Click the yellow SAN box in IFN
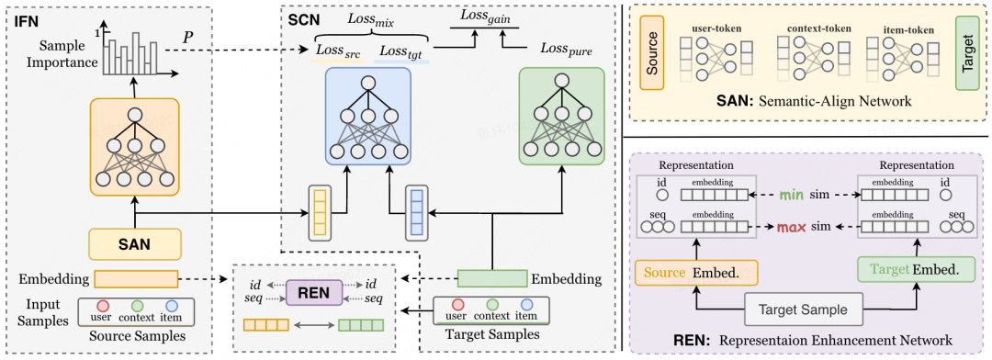(x=135, y=244)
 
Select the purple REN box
(x=314, y=292)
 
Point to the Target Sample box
(x=804, y=309)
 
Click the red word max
(x=790, y=227)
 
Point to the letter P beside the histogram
(x=188, y=38)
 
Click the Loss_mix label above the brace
(x=371, y=19)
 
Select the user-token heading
(x=717, y=28)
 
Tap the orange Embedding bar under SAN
(x=137, y=278)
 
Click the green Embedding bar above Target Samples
(x=492, y=278)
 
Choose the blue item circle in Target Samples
(x=525, y=304)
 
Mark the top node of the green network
(x=561, y=82)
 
